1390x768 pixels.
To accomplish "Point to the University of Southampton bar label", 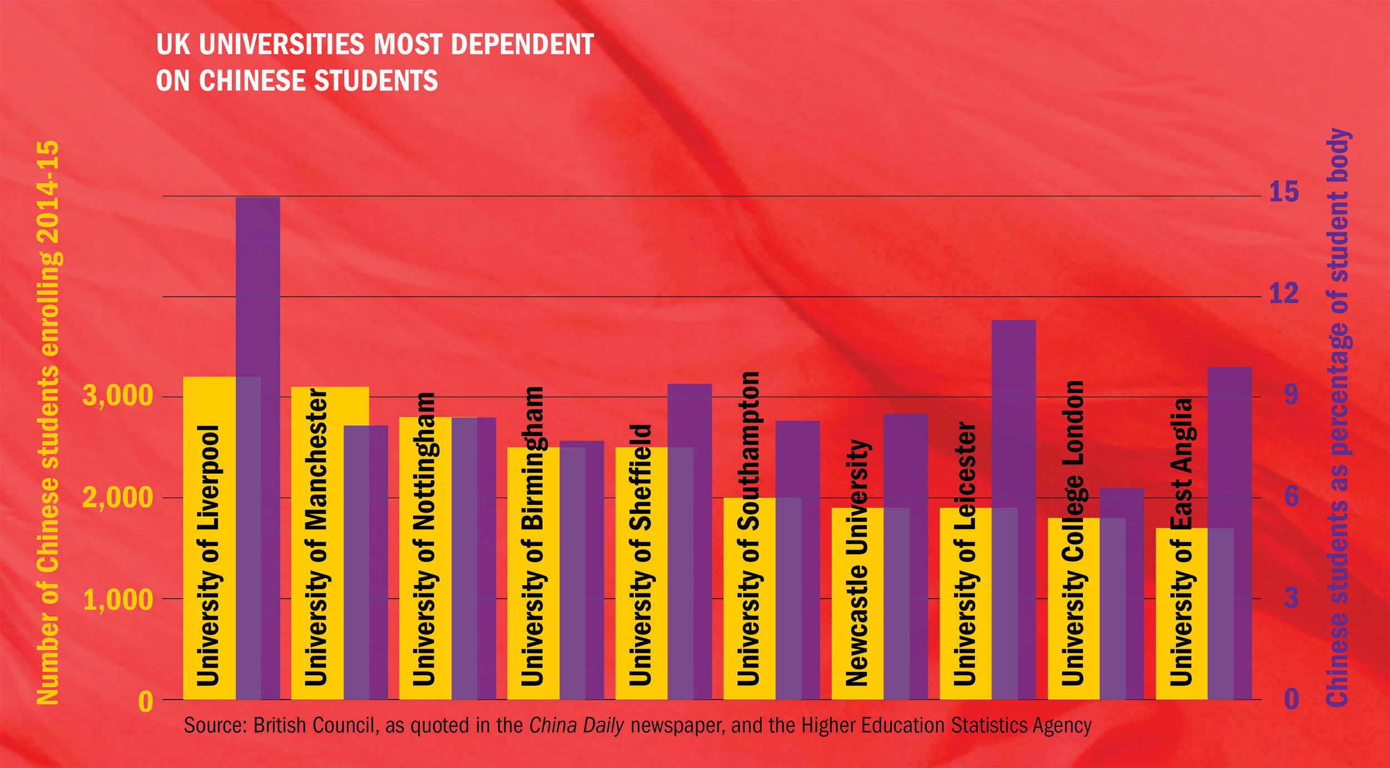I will [x=748, y=528].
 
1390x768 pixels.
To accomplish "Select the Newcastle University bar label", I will [x=857, y=562].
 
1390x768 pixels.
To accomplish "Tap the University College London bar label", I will [x=1073, y=533].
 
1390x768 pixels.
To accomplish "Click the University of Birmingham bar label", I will [x=532, y=536].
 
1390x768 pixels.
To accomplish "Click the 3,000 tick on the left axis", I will [x=117, y=396].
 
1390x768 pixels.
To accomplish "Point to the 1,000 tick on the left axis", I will [x=118, y=599].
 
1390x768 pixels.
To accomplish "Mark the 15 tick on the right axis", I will [x=1284, y=192].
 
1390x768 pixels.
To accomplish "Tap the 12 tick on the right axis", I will [x=1284, y=293].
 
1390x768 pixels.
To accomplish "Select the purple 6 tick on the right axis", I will [x=1291, y=496].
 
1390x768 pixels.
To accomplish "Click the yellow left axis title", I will [x=48, y=423].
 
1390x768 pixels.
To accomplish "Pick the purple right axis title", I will [x=1339, y=417].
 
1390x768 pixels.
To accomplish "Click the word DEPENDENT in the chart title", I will [x=522, y=44].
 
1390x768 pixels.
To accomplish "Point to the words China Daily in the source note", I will [x=576, y=726].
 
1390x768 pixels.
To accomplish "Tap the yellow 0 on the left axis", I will [x=145, y=702].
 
